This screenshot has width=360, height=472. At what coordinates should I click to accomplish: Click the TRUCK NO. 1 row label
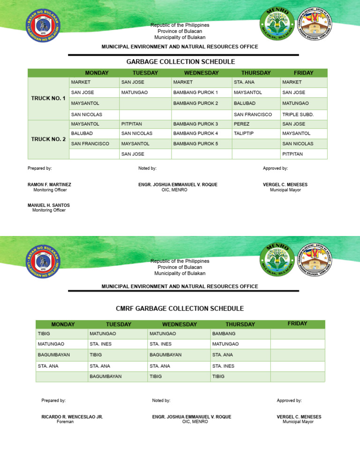48,98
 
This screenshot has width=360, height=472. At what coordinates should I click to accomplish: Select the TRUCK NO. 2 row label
48,139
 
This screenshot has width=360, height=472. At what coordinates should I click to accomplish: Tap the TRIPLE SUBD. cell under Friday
295,114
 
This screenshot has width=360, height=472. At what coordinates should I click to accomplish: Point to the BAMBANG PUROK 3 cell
195,124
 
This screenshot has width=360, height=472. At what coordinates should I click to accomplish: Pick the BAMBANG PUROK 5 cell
195,144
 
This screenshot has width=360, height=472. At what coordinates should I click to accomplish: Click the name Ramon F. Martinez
49,185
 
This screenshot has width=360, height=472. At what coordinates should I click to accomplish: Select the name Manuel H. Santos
48,205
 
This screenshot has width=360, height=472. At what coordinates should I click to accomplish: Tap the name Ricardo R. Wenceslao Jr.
72,417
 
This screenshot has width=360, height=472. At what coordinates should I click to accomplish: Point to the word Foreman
65,422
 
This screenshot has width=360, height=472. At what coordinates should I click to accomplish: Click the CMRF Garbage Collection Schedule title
180,308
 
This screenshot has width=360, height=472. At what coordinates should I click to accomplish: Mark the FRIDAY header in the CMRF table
298,323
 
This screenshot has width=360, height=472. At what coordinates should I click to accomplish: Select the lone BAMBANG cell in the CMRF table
224,333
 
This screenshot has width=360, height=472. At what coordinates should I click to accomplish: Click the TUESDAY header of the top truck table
145,73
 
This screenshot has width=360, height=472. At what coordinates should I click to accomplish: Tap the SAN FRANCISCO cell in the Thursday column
253,114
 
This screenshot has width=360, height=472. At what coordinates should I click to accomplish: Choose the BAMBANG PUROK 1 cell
195,92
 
